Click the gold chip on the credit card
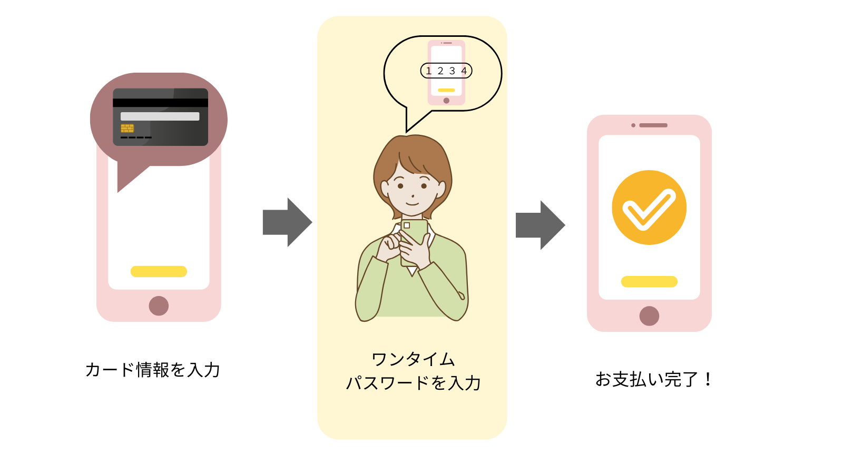(127, 128)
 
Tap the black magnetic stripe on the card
(160, 103)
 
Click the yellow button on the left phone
(159, 271)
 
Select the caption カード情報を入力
(153, 370)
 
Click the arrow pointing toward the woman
(287, 222)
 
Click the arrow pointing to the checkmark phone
(540, 225)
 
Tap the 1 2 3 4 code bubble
(446, 71)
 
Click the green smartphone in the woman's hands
(414, 240)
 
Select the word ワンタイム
(413, 359)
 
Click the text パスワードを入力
(413, 383)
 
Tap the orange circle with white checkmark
(649, 208)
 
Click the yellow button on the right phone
(649, 282)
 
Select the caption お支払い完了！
(654, 379)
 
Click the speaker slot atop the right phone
(653, 125)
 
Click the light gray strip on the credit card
(160, 116)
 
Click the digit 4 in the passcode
(464, 71)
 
